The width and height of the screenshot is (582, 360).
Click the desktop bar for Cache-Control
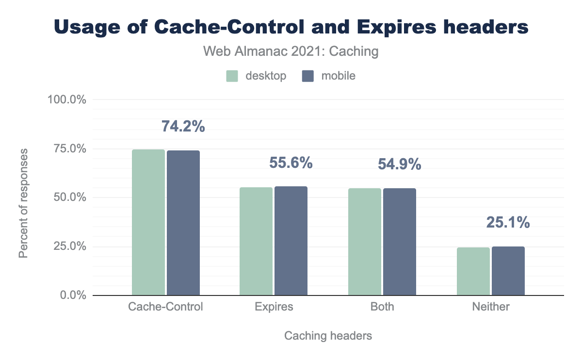pos(148,222)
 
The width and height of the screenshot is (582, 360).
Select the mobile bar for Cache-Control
pos(183,223)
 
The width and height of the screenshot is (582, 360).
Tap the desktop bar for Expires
pos(256,241)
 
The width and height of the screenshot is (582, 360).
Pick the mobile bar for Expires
pos(291,241)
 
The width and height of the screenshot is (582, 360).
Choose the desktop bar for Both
pos(365,242)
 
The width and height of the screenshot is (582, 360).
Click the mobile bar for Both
pos(400,242)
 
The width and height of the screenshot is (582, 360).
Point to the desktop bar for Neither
pos(473,271)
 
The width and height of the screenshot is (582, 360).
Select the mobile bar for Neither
pos(508,271)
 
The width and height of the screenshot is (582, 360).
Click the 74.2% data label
pos(183,126)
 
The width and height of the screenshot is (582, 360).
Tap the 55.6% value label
pos(291,163)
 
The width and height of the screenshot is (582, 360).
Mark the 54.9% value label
pos(400,164)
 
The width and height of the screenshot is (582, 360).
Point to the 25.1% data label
pos(508,223)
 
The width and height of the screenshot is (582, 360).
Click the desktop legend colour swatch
pos(232,76)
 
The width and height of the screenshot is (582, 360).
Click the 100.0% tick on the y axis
pos(66,100)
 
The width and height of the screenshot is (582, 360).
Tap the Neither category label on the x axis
pos(491,307)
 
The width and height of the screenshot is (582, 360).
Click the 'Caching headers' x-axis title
pos(328,336)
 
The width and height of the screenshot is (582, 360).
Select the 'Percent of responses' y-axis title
pos(24,203)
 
